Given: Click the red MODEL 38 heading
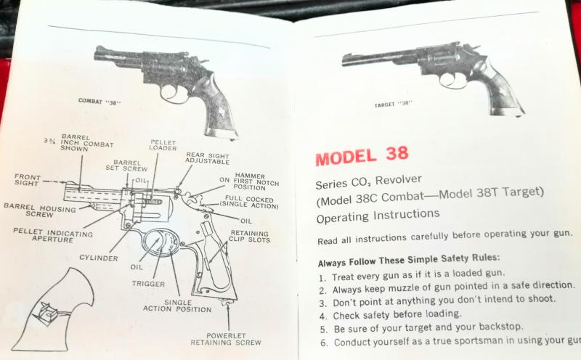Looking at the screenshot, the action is click(x=362, y=155).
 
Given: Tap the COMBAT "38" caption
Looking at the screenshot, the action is click(x=99, y=102).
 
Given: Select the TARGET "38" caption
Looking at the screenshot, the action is click(x=394, y=104).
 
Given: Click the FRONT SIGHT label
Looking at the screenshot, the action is click(x=28, y=180).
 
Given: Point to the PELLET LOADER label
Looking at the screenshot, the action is click(x=163, y=145).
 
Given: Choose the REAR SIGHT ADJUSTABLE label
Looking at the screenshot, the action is click(x=208, y=158).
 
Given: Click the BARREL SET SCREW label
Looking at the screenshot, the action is click(x=126, y=165).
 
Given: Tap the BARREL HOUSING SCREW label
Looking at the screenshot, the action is click(x=40, y=210).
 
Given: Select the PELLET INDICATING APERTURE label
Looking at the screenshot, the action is click(x=53, y=236).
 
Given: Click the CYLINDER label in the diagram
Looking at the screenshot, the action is click(x=99, y=258).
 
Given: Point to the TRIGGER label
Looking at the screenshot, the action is click(x=148, y=284).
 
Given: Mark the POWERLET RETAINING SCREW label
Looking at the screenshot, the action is click(x=226, y=339).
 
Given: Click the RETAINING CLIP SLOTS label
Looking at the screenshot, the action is click(x=249, y=237).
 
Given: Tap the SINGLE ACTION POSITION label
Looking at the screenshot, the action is click(x=177, y=306).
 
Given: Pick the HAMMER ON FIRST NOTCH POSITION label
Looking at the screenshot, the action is click(x=249, y=181).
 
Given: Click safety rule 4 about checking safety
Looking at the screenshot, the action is click(x=390, y=315).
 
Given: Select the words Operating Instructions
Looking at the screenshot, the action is click(x=378, y=216).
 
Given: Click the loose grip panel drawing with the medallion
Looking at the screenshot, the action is click(x=54, y=311).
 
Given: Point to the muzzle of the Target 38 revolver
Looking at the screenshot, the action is click(x=344, y=60).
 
